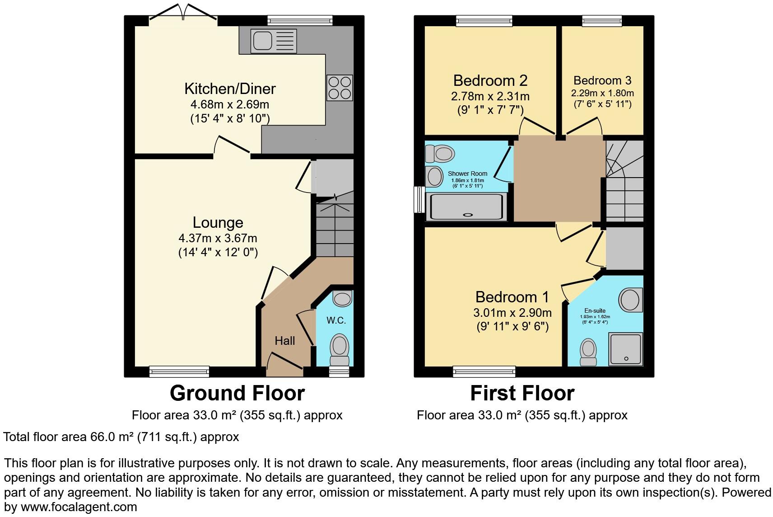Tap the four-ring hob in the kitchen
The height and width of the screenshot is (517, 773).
(339, 88)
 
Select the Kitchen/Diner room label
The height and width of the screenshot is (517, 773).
(230, 89)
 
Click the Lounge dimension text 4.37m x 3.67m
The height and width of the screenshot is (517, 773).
(218, 238)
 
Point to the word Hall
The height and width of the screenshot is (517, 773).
(285, 341)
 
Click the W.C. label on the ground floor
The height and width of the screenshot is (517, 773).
(336, 320)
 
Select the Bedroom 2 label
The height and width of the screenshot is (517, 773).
(490, 81)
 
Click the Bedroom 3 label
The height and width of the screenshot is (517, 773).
(602, 81)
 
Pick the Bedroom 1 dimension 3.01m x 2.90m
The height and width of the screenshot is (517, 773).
(512, 313)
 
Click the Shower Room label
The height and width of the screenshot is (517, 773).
(467, 174)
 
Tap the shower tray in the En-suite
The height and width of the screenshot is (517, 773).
(625, 349)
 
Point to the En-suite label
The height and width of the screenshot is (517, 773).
(595, 310)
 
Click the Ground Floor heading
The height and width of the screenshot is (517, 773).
(237, 393)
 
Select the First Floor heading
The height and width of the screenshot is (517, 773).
(522, 393)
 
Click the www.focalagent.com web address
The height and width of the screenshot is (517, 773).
(79, 507)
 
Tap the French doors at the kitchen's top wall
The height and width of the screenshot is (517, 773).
(183, 14)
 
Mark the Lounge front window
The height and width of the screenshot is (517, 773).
(179, 371)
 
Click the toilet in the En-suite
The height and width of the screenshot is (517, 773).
(588, 352)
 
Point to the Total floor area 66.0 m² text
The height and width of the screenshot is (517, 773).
(121, 437)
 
